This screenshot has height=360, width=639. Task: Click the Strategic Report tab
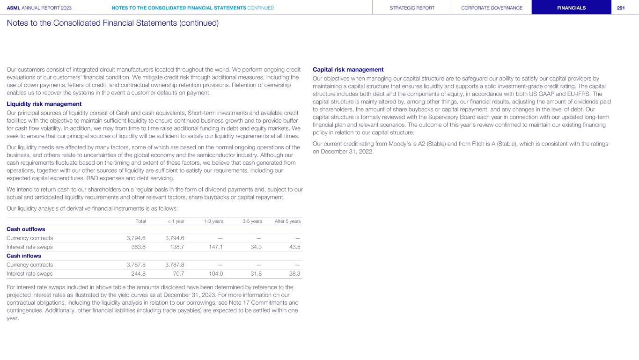(412, 7)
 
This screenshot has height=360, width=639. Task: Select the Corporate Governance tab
(492, 7)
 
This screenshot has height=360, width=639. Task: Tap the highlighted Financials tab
(571, 7)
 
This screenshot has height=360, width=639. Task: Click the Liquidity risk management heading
(44, 104)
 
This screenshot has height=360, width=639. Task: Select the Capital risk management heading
(348, 70)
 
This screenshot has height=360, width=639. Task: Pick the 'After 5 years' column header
(287, 221)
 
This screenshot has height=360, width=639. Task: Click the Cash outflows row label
(26, 229)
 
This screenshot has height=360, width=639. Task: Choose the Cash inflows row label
(23, 256)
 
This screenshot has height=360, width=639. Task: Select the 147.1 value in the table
(214, 247)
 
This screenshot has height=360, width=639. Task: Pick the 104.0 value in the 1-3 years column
(214, 274)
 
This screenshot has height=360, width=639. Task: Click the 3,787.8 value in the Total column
(136, 265)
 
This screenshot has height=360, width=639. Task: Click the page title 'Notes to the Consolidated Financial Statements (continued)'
(113, 22)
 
